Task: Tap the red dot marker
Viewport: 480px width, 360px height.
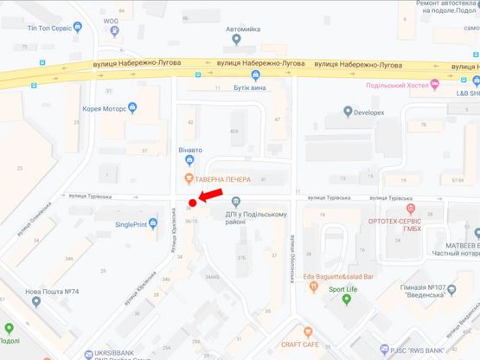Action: pyautogui.click(x=190, y=203)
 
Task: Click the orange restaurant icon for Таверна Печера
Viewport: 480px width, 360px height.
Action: pyautogui.click(x=187, y=178)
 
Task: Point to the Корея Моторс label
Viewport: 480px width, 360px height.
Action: pyautogui.click(x=104, y=110)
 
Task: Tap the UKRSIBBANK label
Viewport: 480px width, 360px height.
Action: pyautogui.click(x=118, y=354)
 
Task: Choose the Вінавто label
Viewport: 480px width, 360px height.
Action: pyautogui.click(x=190, y=150)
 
